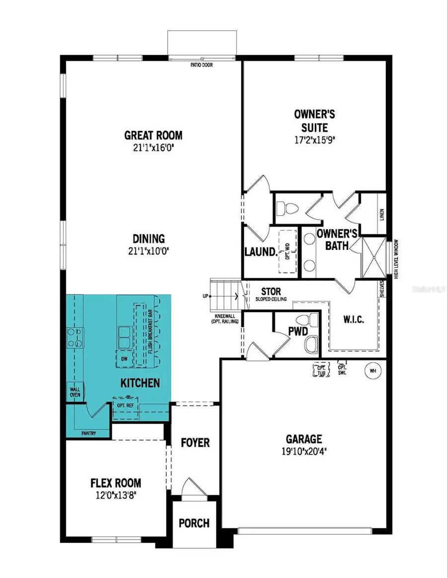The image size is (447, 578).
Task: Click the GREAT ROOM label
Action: pos(153,135)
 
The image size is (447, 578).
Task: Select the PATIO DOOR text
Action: pos(202,64)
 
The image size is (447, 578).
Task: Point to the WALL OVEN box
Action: pos(74,392)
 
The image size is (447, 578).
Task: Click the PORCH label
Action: pos(194,523)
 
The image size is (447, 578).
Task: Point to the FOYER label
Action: pos(195,442)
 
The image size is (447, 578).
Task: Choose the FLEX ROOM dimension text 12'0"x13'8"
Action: pos(115,495)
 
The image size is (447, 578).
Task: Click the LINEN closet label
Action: pos(381,214)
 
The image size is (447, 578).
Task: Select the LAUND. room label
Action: pos(260,252)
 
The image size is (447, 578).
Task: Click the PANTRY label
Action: pos(86,433)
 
